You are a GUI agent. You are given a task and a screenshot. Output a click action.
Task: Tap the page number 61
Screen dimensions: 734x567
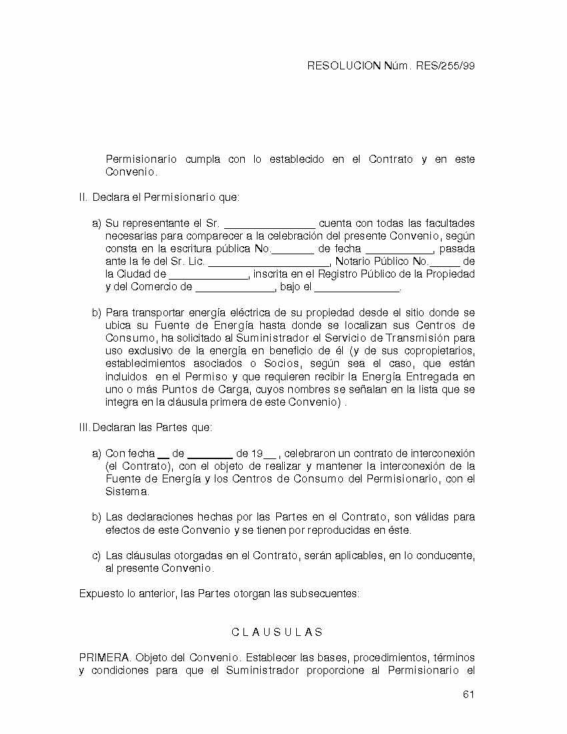point(468,695)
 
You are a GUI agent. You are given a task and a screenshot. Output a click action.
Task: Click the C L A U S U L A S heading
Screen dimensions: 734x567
point(277,633)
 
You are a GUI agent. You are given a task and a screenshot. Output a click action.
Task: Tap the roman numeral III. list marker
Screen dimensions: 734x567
point(85,428)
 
